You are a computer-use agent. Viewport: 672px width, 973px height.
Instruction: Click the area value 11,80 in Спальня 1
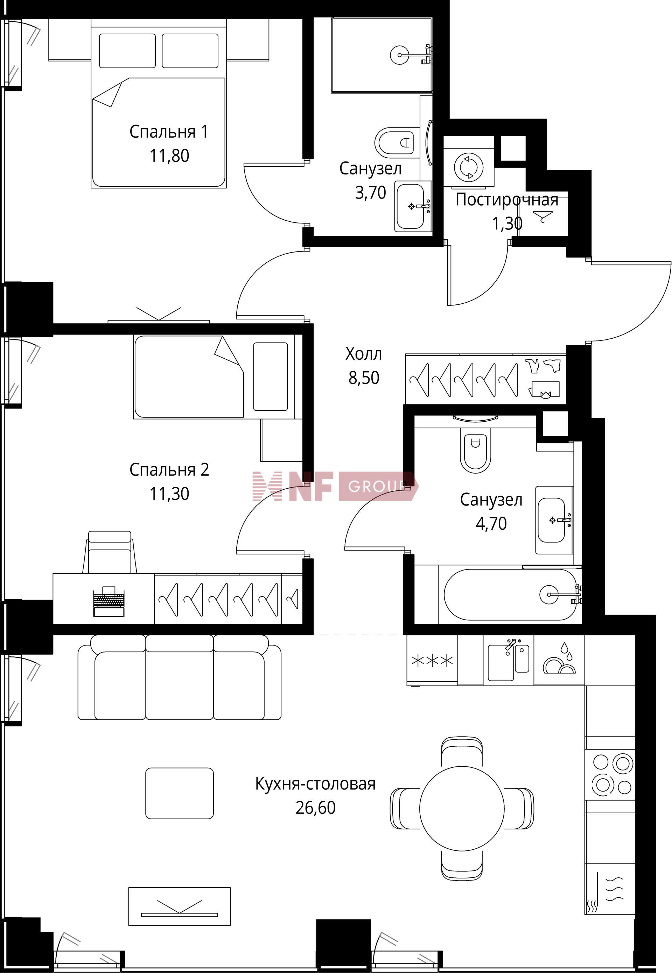[x=169, y=156]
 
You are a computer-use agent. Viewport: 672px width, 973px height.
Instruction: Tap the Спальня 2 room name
[x=169, y=469]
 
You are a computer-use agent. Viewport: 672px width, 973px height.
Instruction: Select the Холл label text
[x=364, y=354]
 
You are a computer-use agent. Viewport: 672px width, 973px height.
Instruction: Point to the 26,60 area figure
[x=315, y=807]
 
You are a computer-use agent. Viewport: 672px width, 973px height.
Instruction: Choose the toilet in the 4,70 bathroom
[x=475, y=450]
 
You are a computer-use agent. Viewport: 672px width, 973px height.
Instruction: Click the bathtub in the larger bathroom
[x=510, y=595]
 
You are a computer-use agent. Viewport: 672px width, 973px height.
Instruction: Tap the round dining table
[x=462, y=807]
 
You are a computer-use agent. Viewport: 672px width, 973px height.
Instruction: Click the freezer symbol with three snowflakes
[x=432, y=660]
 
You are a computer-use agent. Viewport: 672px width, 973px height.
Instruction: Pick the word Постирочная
[x=507, y=199]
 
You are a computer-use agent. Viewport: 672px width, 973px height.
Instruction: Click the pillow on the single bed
[x=270, y=376]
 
